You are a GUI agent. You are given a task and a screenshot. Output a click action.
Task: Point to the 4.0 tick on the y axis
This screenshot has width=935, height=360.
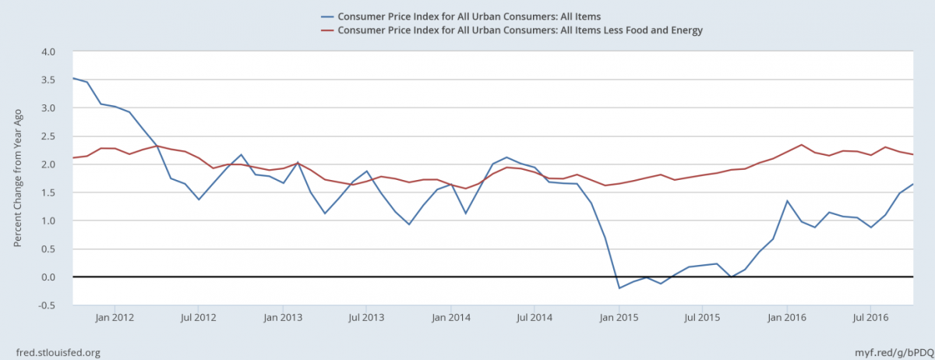tap(48, 51)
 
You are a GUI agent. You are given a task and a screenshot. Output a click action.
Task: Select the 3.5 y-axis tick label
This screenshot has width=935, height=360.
tap(48, 79)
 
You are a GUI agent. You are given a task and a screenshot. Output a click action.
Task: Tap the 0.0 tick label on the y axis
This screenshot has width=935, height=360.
tap(48, 277)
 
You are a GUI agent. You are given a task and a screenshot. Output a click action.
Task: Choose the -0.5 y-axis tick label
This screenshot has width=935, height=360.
tap(47, 305)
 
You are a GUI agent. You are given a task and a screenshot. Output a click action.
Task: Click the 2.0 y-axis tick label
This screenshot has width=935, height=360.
tap(48, 164)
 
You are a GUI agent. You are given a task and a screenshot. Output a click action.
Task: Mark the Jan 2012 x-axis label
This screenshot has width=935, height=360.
tap(115, 317)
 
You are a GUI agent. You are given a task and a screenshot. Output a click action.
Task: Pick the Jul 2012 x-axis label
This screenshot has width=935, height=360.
tap(199, 317)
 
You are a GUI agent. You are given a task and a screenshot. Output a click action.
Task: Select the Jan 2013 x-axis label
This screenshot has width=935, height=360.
tap(283, 317)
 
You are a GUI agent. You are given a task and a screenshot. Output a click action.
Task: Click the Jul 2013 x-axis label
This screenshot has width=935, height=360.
tap(367, 317)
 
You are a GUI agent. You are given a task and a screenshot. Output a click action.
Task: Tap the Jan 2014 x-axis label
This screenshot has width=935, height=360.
tap(451, 317)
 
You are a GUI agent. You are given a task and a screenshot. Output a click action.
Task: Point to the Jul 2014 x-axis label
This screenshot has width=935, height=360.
tap(535, 317)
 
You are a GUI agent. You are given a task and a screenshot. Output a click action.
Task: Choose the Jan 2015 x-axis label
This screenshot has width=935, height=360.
tap(619, 317)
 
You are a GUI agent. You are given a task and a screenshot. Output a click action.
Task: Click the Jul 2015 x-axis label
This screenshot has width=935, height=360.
tap(704, 317)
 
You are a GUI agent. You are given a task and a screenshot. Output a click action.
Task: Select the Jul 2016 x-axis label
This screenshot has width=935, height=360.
tap(872, 317)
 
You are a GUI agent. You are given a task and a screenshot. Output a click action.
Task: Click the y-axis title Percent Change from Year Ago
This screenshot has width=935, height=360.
tap(17, 178)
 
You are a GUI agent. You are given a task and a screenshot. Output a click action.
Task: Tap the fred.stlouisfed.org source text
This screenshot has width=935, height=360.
tap(58, 352)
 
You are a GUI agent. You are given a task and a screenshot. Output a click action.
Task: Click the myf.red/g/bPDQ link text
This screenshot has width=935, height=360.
tap(887, 352)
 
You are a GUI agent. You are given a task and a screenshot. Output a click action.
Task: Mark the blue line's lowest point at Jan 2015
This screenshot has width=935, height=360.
tap(619, 288)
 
